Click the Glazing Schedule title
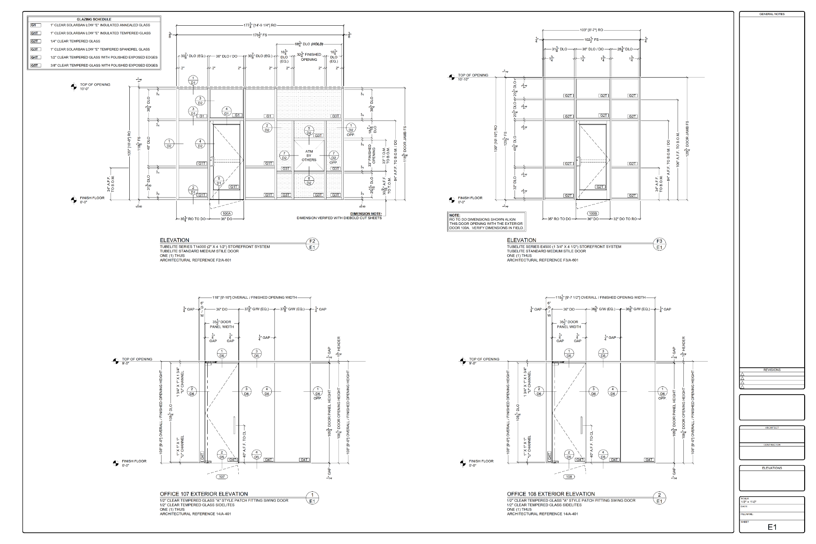(x=94, y=19)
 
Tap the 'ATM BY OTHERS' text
(x=309, y=155)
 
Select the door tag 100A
(x=226, y=213)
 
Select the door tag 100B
(x=593, y=213)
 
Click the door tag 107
(x=222, y=477)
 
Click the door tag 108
(x=569, y=477)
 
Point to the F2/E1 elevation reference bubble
(x=312, y=244)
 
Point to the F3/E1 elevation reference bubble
(x=659, y=244)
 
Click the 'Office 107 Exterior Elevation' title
(x=204, y=494)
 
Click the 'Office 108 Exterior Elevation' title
(x=551, y=494)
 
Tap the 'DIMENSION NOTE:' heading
(x=366, y=213)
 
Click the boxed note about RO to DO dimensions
(x=486, y=221)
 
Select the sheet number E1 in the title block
(x=772, y=527)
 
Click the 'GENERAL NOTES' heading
(x=772, y=14)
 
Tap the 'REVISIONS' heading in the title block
(x=772, y=370)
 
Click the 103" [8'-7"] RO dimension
(x=591, y=30)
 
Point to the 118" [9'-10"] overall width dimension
(x=255, y=298)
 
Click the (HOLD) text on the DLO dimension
(x=318, y=44)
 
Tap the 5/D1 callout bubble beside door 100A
(x=219, y=181)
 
